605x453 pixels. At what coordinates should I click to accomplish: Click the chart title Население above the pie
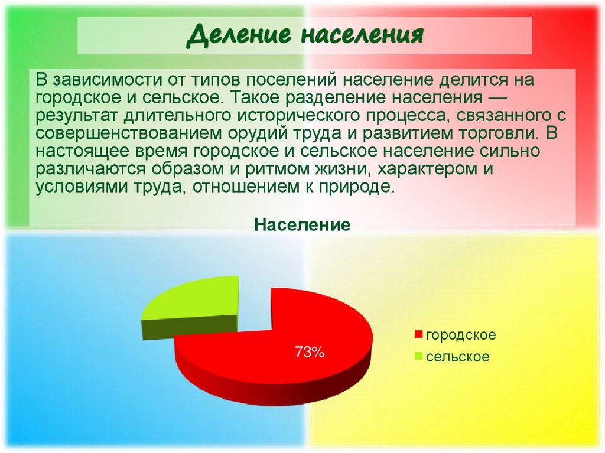[x=302, y=224]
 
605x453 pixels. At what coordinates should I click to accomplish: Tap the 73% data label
[x=310, y=353]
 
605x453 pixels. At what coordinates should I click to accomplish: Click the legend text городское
[x=461, y=335]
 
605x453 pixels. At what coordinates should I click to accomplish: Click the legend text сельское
[x=457, y=357]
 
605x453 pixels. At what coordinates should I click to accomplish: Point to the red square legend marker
[x=419, y=335]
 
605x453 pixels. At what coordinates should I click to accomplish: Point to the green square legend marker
[x=419, y=357]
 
